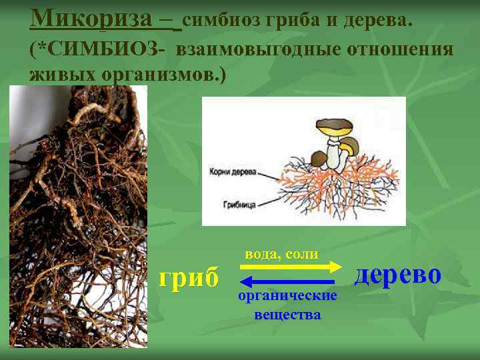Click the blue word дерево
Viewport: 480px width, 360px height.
tap(397, 274)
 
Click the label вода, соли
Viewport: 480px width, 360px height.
tap(281, 254)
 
